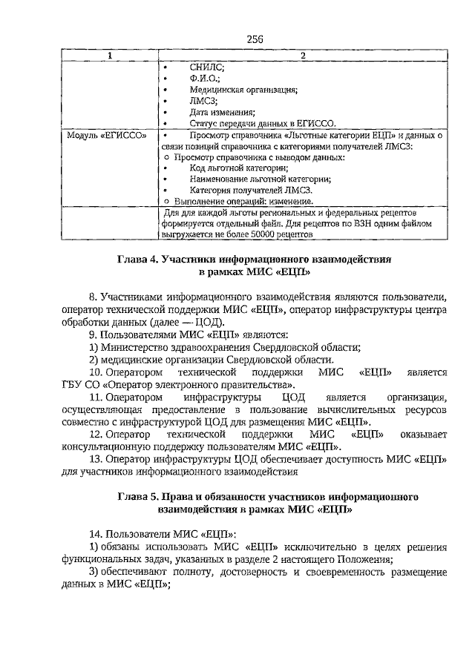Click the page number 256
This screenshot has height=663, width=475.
254,39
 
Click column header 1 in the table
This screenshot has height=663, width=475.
111,56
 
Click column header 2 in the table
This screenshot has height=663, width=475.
303,56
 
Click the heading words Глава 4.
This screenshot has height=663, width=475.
140,261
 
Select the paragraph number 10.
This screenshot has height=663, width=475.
95,372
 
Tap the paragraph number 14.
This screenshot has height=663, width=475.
95,532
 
